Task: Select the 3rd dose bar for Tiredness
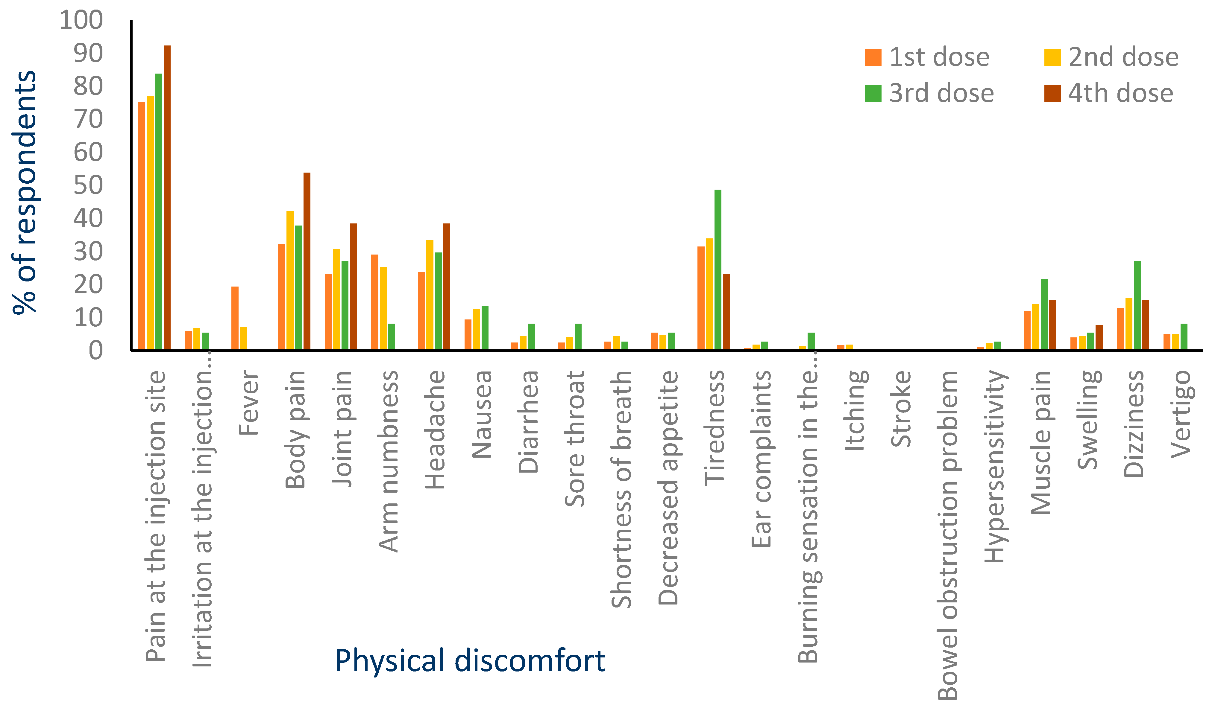718,270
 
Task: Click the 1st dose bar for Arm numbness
375,302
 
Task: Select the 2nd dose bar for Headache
430,295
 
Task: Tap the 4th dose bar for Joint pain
354,287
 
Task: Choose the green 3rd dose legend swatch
873,94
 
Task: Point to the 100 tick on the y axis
81,20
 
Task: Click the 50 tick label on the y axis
88,185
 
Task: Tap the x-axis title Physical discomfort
470,661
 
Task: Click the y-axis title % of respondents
24,193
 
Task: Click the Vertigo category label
1181,415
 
